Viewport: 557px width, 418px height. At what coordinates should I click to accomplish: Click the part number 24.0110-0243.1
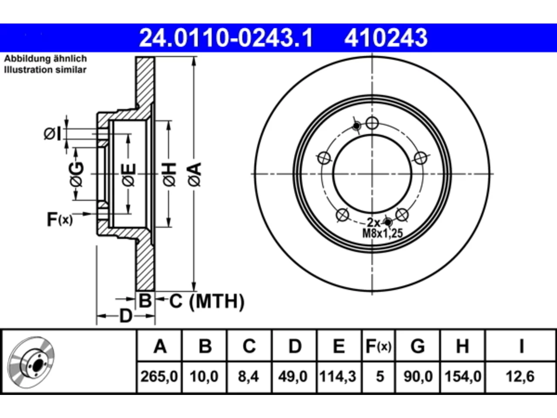point(226,38)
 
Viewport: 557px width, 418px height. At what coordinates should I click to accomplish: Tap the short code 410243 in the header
point(386,38)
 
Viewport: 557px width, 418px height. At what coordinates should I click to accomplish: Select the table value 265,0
point(159,376)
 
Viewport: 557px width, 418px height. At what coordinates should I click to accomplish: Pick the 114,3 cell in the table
point(338,376)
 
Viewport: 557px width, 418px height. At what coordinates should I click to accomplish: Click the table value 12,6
point(520,376)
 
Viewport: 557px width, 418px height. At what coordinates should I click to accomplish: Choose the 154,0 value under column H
point(463,376)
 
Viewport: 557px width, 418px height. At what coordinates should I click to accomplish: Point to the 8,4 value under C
point(248,376)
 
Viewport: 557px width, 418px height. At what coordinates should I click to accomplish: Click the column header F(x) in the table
point(379,346)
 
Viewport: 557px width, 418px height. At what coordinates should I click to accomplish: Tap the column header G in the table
point(418,346)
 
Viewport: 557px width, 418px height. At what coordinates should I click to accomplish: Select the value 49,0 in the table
point(293,376)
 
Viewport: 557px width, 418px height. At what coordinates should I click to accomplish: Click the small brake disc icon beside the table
point(31,362)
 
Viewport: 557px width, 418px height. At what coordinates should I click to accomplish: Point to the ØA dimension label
point(195,174)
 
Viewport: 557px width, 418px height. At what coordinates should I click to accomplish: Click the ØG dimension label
point(77,174)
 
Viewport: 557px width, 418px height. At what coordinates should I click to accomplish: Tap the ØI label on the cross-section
point(53,134)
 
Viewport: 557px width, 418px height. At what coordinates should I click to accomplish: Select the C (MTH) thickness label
point(207,301)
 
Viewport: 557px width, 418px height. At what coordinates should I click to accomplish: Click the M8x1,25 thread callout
point(383,233)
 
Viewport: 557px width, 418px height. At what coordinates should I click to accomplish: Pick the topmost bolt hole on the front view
point(372,123)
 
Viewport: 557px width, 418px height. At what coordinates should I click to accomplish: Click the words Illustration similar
point(45,70)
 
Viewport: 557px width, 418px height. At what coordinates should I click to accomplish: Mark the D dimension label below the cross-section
point(126,316)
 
